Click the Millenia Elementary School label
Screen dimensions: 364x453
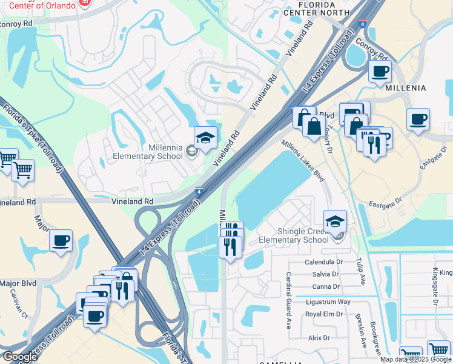pyautogui.click(x=148, y=152)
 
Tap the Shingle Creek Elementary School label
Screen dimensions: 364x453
pyautogui.click(x=294, y=235)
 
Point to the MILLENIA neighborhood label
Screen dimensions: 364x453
pyautogui.click(x=406, y=88)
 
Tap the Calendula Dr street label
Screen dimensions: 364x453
pyautogui.click(x=323, y=263)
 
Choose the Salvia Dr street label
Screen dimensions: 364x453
pyautogui.click(x=325, y=274)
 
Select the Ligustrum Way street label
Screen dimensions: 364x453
pyautogui.click(x=328, y=302)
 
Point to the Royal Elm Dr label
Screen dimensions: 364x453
pyautogui.click(x=323, y=314)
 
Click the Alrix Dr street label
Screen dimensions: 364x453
pyautogui.click(x=319, y=338)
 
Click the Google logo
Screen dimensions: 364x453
pyautogui.click(x=20, y=356)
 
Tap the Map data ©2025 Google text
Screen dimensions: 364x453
pyautogui.click(x=415, y=359)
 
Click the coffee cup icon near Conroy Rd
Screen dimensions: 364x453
pyautogui.click(x=380, y=72)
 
